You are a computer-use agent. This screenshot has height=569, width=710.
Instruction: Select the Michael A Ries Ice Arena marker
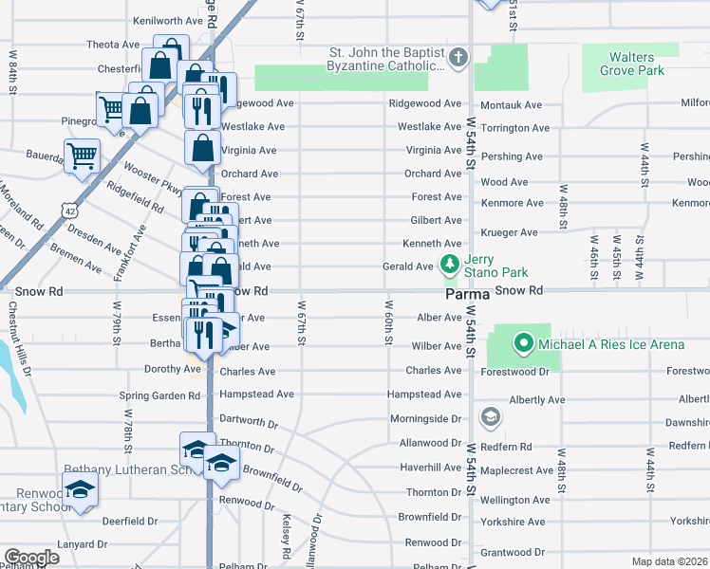(523, 342)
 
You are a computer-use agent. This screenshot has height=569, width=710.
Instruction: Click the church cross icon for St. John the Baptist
(458, 58)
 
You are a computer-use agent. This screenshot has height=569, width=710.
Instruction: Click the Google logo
(31, 558)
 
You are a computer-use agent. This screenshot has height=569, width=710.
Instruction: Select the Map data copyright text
(670, 560)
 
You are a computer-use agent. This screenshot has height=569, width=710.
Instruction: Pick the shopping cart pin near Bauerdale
(83, 156)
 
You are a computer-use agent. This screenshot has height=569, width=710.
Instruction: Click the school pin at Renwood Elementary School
(81, 489)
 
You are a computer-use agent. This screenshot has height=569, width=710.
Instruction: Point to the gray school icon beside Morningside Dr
(490, 417)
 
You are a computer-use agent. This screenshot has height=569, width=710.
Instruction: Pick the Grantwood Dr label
(511, 551)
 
